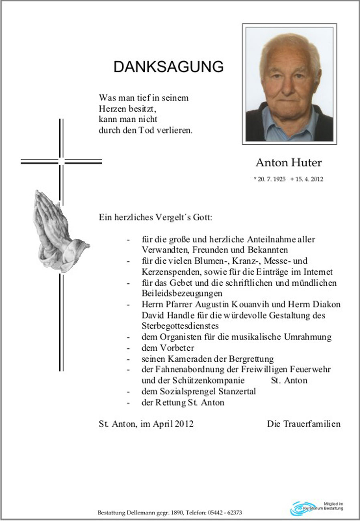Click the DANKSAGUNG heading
tap(168, 67)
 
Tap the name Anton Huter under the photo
tap(289, 163)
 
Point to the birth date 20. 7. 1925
tap(271, 179)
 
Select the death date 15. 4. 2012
tap(308, 179)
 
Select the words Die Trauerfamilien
tap(303, 424)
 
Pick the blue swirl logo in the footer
tap(303, 509)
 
